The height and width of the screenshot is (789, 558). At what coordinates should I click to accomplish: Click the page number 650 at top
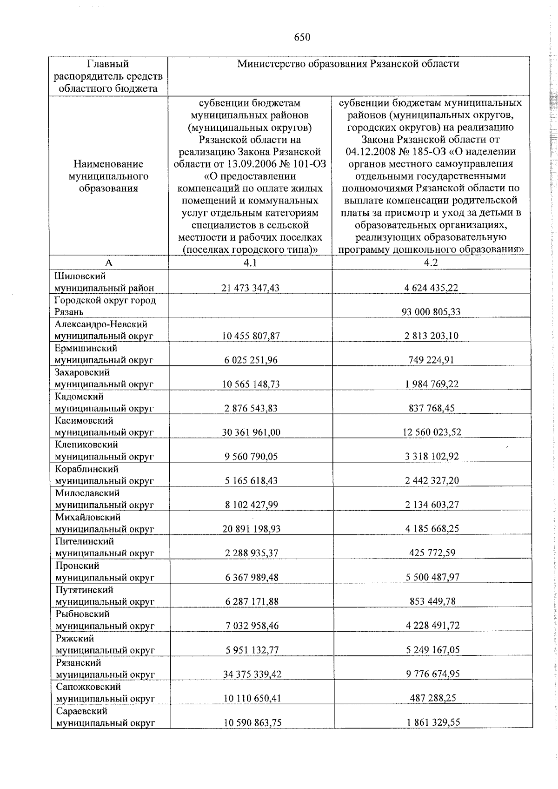click(x=302, y=38)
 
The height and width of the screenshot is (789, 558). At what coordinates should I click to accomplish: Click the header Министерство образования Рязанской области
click(x=348, y=64)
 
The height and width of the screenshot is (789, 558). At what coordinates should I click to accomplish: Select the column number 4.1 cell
click(x=250, y=263)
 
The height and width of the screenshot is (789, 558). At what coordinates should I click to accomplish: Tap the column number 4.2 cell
click(x=431, y=263)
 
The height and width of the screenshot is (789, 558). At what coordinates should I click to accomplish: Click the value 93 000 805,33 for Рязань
click(x=431, y=312)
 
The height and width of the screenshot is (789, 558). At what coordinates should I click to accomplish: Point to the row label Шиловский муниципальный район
click(x=104, y=282)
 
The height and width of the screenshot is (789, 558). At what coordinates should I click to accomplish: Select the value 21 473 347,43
click(x=250, y=288)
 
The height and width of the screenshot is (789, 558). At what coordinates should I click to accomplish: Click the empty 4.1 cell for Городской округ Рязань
click(x=250, y=306)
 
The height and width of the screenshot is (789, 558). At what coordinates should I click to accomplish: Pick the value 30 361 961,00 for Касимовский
click(x=251, y=432)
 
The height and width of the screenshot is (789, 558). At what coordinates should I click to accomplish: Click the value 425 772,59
click(x=431, y=553)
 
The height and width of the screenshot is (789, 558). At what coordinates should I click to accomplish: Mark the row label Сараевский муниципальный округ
click(x=105, y=717)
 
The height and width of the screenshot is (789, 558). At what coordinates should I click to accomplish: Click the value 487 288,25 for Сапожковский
click(x=431, y=698)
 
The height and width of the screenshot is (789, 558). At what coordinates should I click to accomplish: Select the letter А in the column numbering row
click(x=108, y=263)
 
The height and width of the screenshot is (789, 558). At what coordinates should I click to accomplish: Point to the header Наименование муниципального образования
click(x=108, y=176)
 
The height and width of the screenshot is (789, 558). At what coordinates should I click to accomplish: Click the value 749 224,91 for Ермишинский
click(x=431, y=360)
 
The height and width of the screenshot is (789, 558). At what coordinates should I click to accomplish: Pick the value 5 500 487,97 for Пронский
click(x=431, y=578)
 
